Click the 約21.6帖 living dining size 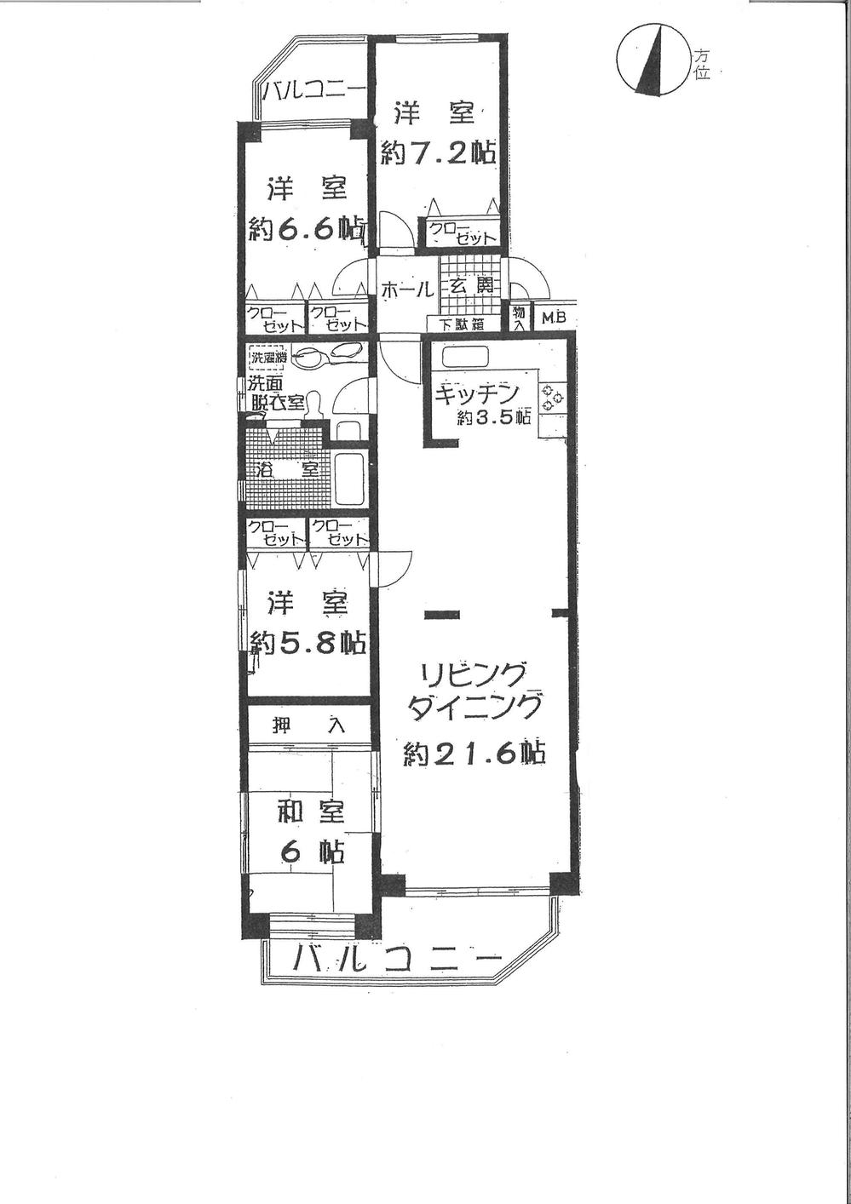click(474, 753)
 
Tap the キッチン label click(476, 394)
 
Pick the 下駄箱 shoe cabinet click(463, 324)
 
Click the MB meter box click(554, 318)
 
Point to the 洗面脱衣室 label click(274, 394)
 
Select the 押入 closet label click(308, 725)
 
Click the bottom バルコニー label click(397, 960)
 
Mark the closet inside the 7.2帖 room click(462, 232)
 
